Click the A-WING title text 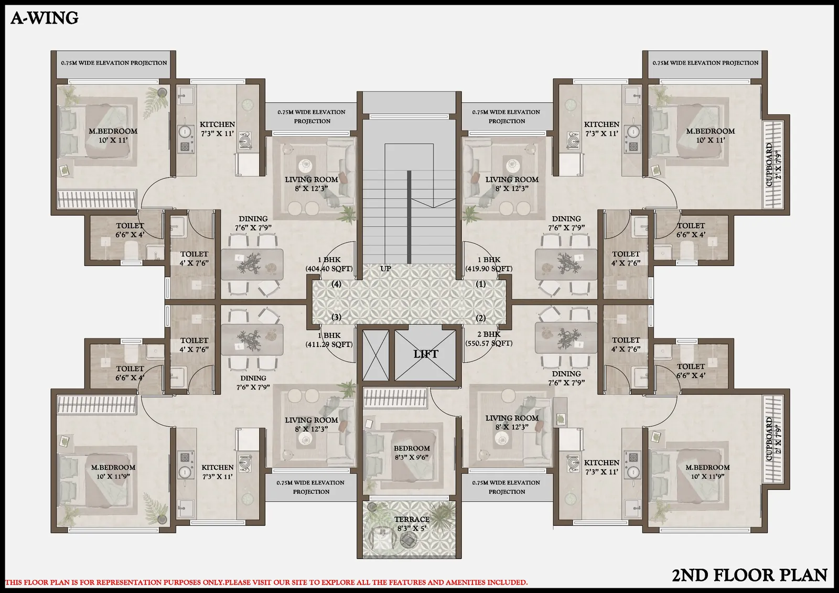pos(45,18)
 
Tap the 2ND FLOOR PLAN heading pos(749,575)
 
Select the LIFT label pos(425,354)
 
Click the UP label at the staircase pos(385,268)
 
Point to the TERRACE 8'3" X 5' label pos(412,524)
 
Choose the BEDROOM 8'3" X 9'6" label pos(412,452)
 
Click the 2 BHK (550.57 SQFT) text pos(489,339)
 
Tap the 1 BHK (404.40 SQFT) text pos(329,264)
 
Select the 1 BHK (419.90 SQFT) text pos(489,264)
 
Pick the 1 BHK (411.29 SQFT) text pos(329,340)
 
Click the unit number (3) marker pos(337,317)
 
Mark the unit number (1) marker pos(481,284)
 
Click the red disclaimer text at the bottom pos(266,582)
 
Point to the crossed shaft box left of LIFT pos(375,355)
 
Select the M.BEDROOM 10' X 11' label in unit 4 pos(113,135)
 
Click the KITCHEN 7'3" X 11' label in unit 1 pos(601,129)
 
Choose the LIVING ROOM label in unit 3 pos(311,424)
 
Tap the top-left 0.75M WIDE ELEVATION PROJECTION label pos(114,63)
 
